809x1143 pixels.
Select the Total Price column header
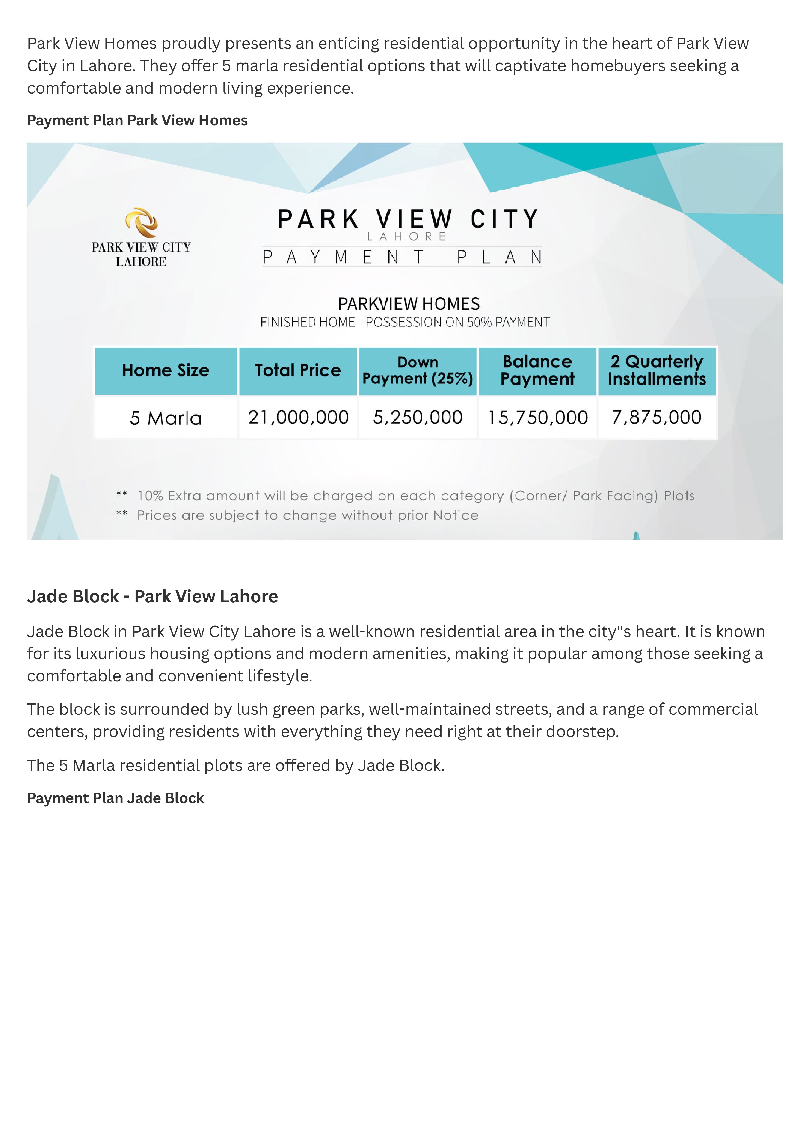pyautogui.click(x=298, y=370)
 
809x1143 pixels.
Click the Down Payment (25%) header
pyautogui.click(x=418, y=370)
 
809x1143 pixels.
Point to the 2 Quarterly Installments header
pyautogui.click(x=657, y=370)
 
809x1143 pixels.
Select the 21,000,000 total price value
pyautogui.click(x=298, y=417)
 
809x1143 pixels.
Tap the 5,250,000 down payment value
pyautogui.click(x=418, y=417)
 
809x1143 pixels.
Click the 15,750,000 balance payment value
pyautogui.click(x=537, y=417)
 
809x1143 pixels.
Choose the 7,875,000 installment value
pyautogui.click(x=657, y=417)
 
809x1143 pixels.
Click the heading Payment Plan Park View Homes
pyautogui.click(x=137, y=121)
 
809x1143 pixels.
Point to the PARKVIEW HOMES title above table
pyautogui.click(x=409, y=304)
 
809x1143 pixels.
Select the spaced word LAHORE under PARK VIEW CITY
pyautogui.click(x=406, y=237)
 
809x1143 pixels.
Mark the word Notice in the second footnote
pyautogui.click(x=455, y=515)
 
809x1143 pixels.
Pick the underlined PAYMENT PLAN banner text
pyautogui.click(x=402, y=257)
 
